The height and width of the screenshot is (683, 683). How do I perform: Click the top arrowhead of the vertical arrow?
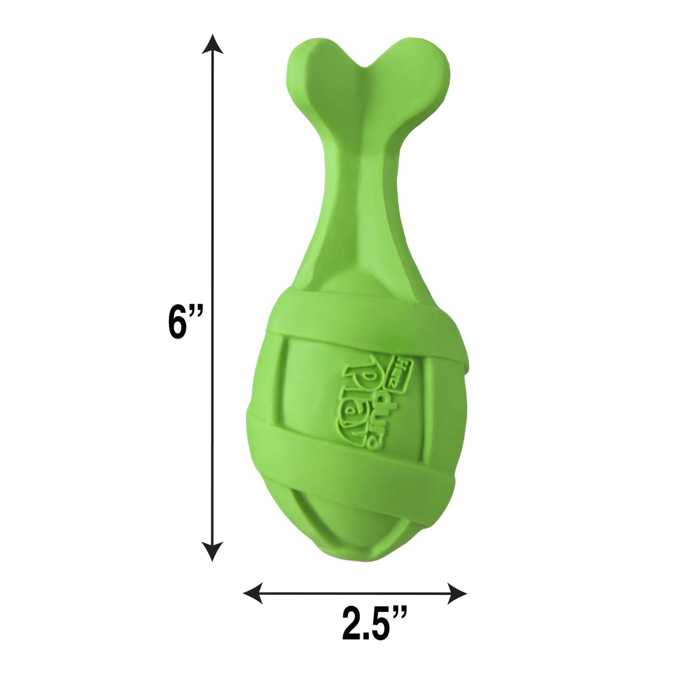[212, 44]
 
